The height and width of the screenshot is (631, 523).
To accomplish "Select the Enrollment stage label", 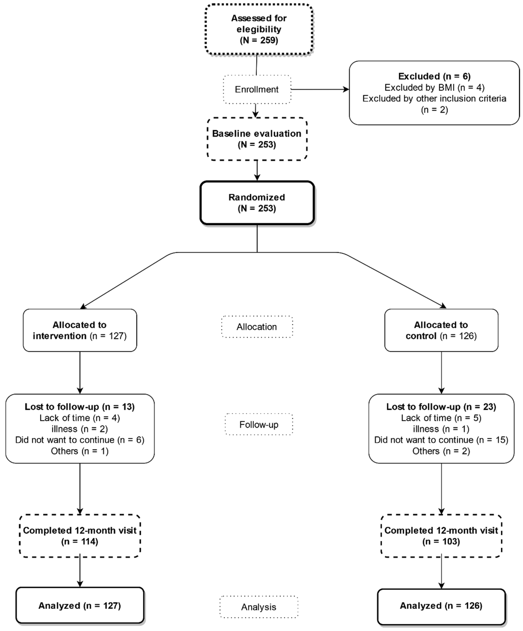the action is [257, 89].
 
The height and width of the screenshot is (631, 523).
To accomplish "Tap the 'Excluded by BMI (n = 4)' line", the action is [434, 87].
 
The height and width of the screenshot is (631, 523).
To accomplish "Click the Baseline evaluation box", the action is [257, 139].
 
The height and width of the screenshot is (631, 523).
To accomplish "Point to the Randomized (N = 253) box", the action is [257, 203].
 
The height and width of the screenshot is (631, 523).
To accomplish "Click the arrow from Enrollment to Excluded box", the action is [320, 89].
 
